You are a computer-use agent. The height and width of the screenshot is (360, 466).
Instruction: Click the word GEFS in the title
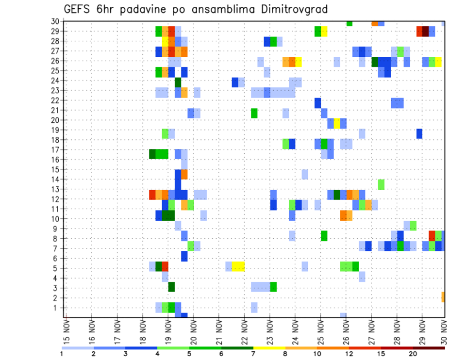click(78, 9)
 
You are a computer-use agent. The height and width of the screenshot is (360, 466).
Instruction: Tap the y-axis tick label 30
click(55, 21)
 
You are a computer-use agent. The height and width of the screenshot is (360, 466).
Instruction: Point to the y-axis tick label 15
click(55, 169)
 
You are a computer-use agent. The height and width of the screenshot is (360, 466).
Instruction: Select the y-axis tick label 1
click(57, 308)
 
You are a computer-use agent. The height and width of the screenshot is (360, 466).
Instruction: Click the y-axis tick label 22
click(55, 100)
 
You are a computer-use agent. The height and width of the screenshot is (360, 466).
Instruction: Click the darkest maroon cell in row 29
click(426, 32)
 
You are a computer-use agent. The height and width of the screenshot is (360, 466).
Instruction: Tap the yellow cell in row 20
click(337, 123)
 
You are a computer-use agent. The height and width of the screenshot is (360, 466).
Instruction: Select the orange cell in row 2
click(443, 297)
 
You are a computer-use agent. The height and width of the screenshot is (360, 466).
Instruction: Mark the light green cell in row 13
click(381, 184)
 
